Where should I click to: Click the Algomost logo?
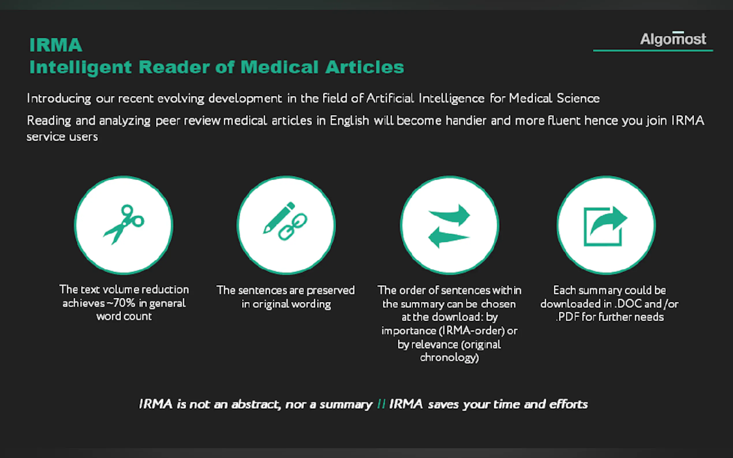click(x=673, y=39)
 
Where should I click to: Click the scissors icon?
click(x=124, y=224)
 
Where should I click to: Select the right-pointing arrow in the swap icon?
click(x=450, y=215)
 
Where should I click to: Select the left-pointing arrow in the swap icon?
click(x=448, y=237)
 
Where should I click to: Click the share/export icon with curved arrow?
click(x=605, y=226)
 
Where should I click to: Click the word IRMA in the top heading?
click(x=56, y=45)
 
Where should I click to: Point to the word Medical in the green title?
click(x=279, y=67)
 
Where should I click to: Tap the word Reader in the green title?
click(x=174, y=67)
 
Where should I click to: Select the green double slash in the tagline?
click(x=381, y=404)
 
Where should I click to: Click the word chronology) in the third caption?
click(x=449, y=358)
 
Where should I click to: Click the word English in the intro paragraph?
click(x=349, y=121)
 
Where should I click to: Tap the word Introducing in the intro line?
click(x=59, y=98)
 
